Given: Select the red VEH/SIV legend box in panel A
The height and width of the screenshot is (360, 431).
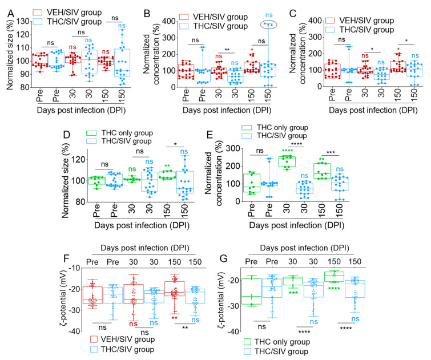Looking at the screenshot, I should [39, 11].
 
